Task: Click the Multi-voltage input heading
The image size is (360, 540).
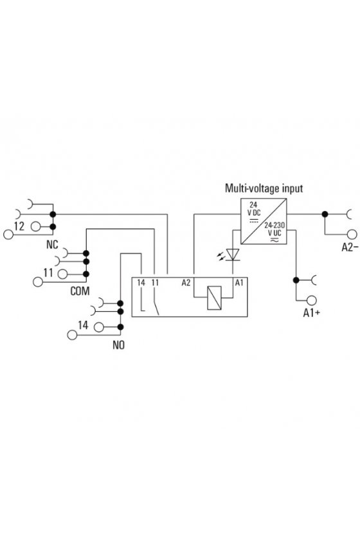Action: (264, 188)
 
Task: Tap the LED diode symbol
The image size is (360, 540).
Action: (233, 255)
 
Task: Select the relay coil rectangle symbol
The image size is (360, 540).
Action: (214, 298)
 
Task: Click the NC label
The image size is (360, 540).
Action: (52, 245)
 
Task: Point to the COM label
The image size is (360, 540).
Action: (80, 291)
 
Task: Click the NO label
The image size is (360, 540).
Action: (118, 345)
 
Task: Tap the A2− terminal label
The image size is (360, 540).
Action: (350, 248)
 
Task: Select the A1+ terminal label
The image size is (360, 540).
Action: (311, 312)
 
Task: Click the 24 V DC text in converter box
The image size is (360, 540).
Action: (254, 209)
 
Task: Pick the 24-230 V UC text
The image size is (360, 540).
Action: (274, 229)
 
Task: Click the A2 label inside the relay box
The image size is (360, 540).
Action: (186, 283)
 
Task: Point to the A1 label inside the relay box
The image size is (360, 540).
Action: (239, 283)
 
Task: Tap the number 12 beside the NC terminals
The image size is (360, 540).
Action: (19, 226)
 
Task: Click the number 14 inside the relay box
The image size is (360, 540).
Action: (141, 283)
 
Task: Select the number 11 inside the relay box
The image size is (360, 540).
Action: (156, 283)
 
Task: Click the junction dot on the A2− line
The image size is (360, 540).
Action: (325, 214)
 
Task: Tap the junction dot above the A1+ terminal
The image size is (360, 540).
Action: (296, 280)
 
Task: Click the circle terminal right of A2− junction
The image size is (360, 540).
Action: (352, 234)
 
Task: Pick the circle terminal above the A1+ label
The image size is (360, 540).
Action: (311, 300)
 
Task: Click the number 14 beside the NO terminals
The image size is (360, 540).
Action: (83, 325)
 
